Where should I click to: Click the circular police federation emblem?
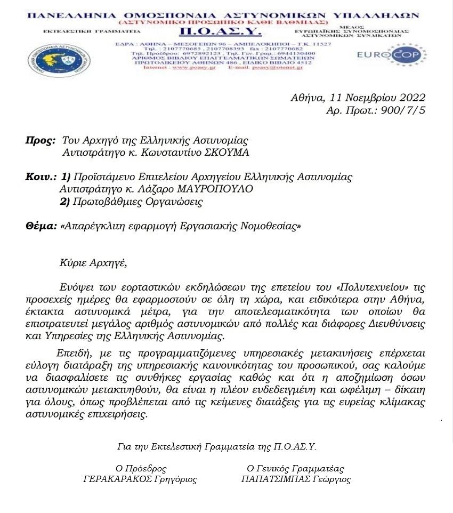click(59, 60)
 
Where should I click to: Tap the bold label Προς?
click(41, 141)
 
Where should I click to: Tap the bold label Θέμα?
click(41, 226)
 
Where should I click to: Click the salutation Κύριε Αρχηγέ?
click(94, 262)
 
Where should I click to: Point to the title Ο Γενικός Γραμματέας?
click(295, 469)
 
